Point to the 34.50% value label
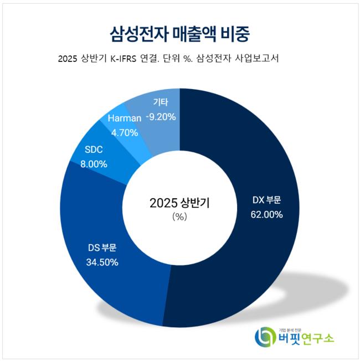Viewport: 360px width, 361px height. tap(102, 262)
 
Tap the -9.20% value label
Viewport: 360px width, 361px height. tap(161, 117)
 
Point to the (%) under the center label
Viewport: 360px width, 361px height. tap(179, 217)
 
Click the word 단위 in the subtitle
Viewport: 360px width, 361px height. tap(187, 59)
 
